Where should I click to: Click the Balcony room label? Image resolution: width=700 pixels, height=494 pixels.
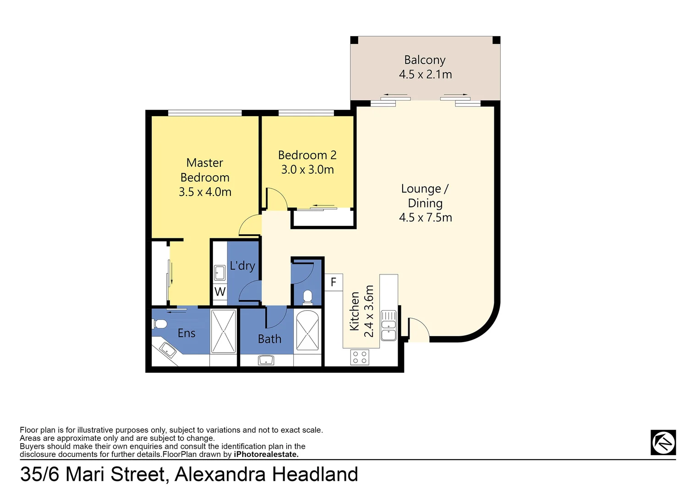(425, 60)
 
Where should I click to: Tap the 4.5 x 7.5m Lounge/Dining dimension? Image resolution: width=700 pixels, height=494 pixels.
(425, 217)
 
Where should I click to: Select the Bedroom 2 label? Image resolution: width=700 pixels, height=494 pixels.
(307, 155)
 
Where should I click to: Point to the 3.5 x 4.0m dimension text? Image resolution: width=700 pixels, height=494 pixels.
(205, 192)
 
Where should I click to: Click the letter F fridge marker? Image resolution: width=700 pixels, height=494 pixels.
(334, 282)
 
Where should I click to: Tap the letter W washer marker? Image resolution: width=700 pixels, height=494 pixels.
(220, 291)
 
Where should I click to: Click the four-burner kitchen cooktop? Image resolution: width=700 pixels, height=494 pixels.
(360, 357)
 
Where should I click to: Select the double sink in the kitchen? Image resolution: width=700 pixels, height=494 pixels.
(388, 325)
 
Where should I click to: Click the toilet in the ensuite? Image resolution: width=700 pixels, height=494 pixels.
(159, 324)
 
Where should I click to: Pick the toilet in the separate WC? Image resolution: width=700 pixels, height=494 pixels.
(307, 297)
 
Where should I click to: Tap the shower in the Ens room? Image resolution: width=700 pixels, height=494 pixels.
(224, 331)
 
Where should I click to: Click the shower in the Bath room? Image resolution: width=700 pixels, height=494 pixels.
(307, 331)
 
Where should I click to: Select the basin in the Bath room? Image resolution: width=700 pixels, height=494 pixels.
(266, 360)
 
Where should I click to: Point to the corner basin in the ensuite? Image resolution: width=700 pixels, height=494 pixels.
(167, 350)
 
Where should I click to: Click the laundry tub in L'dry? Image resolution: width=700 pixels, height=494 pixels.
(220, 273)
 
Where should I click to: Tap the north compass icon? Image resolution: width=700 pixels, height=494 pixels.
(663, 442)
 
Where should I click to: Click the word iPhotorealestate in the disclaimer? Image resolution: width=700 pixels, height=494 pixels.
(266, 454)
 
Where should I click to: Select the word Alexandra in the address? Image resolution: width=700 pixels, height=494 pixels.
(220, 474)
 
